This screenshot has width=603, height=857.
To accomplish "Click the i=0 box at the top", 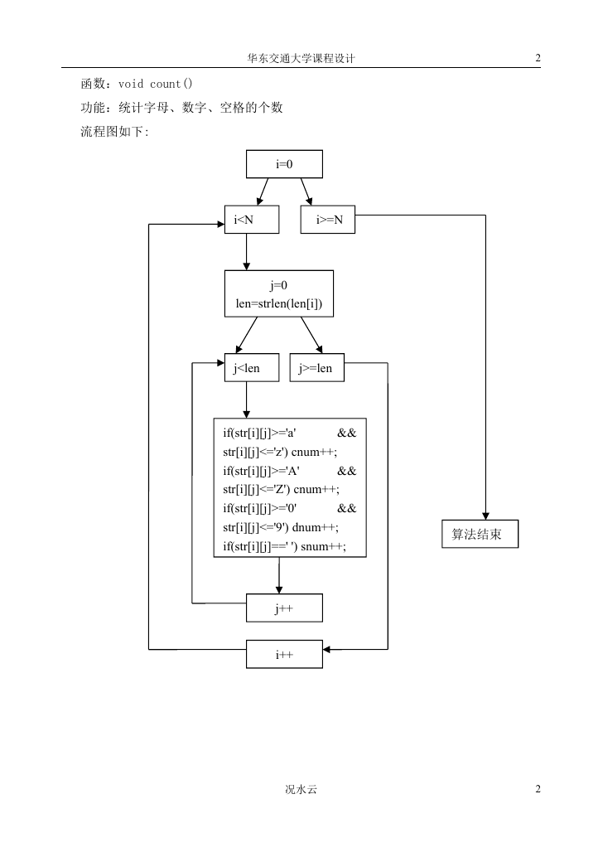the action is pos(284,164).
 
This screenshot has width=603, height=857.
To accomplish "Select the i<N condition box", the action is pos(252,220).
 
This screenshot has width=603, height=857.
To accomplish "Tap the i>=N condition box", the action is pos(328,220).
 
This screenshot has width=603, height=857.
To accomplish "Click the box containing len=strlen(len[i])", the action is pos(278,293).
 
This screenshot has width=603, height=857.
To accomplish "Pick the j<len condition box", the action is pos(252,367).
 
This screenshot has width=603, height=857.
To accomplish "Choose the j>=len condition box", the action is pos(316,367).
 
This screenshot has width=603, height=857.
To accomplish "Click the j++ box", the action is pos(284,608).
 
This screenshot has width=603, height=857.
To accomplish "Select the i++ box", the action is pos(284,654).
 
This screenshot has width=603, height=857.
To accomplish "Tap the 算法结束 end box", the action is pos(480,534).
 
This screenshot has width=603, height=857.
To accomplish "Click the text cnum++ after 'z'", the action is pos(314,452).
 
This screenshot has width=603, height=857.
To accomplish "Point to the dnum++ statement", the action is pos(315,527).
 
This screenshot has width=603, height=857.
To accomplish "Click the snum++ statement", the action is pos(323,546).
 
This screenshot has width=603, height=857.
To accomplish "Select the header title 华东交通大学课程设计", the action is pos(301,59).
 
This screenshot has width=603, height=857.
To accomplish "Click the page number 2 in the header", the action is pos(538,58).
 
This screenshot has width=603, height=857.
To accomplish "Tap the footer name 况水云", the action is pos(301,789).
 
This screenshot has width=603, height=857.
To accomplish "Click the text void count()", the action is pos(155,84).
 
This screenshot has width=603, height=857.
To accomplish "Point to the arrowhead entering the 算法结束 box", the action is pos(485,516).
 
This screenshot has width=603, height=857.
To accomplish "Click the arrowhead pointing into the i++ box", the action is pos(326,649).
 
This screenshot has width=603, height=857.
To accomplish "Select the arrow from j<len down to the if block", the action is pos(246,400).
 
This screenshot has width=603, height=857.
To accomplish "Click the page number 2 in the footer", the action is pos(538,789).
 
